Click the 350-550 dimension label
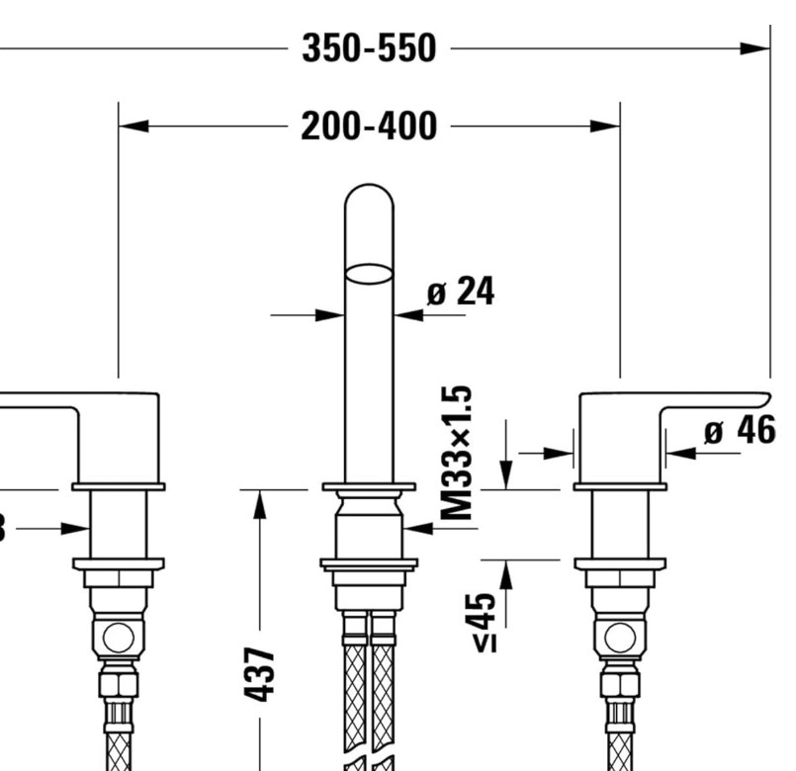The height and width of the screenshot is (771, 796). point(368,47)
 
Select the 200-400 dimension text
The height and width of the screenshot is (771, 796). point(368,126)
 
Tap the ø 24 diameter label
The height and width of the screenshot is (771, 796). point(460,293)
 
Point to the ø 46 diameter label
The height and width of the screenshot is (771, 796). point(740,432)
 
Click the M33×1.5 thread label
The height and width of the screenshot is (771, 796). point(456,454)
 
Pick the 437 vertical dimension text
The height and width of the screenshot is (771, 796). point(259,675)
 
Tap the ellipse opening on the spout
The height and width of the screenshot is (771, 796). point(369,274)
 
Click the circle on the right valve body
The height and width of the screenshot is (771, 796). point(620,637)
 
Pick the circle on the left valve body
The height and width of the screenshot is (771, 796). point(118,637)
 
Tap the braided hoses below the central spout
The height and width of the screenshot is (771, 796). point(369,692)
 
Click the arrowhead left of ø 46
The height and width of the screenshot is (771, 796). point(680,454)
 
